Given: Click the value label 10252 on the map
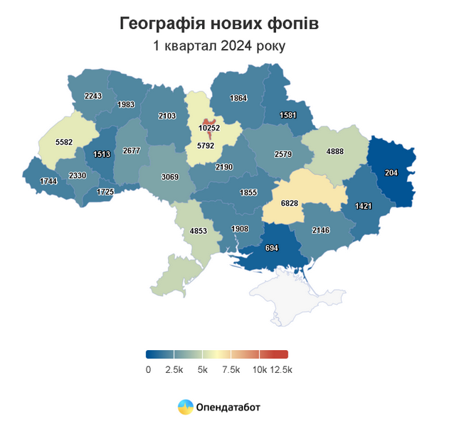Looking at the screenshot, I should pos(208,129).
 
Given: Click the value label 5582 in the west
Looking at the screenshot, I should pos(65,142).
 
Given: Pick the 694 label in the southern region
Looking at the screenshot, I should pos(271,248).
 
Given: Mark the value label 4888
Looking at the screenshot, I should pos(334,151).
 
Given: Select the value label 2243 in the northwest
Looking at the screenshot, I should pos(93,96).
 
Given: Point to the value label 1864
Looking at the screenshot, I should pos(239,98).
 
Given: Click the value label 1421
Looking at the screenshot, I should pos(364,207).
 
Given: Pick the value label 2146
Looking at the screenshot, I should pos(322,231).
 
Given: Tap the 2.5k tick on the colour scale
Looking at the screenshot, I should pos(174,369).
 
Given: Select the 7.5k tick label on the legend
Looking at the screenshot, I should pos(231,369).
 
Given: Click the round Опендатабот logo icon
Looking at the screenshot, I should pos(185,407).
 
